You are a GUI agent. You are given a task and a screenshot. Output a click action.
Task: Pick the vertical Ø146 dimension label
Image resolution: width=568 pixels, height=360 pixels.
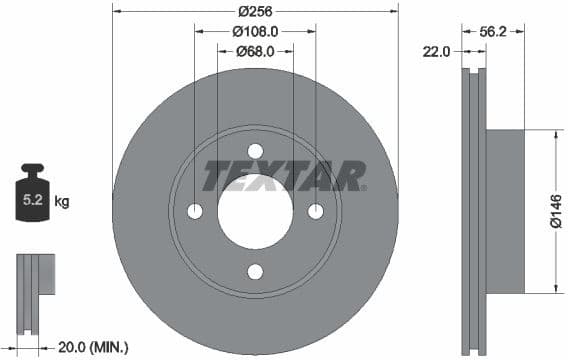tap(556, 211)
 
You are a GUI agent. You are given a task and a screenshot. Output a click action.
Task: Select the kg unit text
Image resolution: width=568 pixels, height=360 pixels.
tap(62, 201)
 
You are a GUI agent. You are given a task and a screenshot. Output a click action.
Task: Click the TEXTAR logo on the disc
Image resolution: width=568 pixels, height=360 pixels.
tap(285, 176)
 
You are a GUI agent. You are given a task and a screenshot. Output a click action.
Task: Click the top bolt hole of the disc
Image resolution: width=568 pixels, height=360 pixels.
tap(255, 151)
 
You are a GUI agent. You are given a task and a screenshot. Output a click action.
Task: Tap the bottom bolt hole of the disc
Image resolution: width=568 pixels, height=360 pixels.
tap(255, 272)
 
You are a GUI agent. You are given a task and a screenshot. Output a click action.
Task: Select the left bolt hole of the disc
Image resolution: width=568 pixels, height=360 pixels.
tap(195, 211)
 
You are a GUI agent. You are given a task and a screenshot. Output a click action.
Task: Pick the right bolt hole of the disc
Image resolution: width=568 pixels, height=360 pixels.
tap(316, 211)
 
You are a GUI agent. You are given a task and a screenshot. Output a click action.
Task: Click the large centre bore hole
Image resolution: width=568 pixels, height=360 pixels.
tap(255, 212)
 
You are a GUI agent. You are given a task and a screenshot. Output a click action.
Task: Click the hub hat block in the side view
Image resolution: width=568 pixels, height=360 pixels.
tap(505, 211)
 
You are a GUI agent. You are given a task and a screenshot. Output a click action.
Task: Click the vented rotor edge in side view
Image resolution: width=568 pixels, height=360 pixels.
tap(474, 212)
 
